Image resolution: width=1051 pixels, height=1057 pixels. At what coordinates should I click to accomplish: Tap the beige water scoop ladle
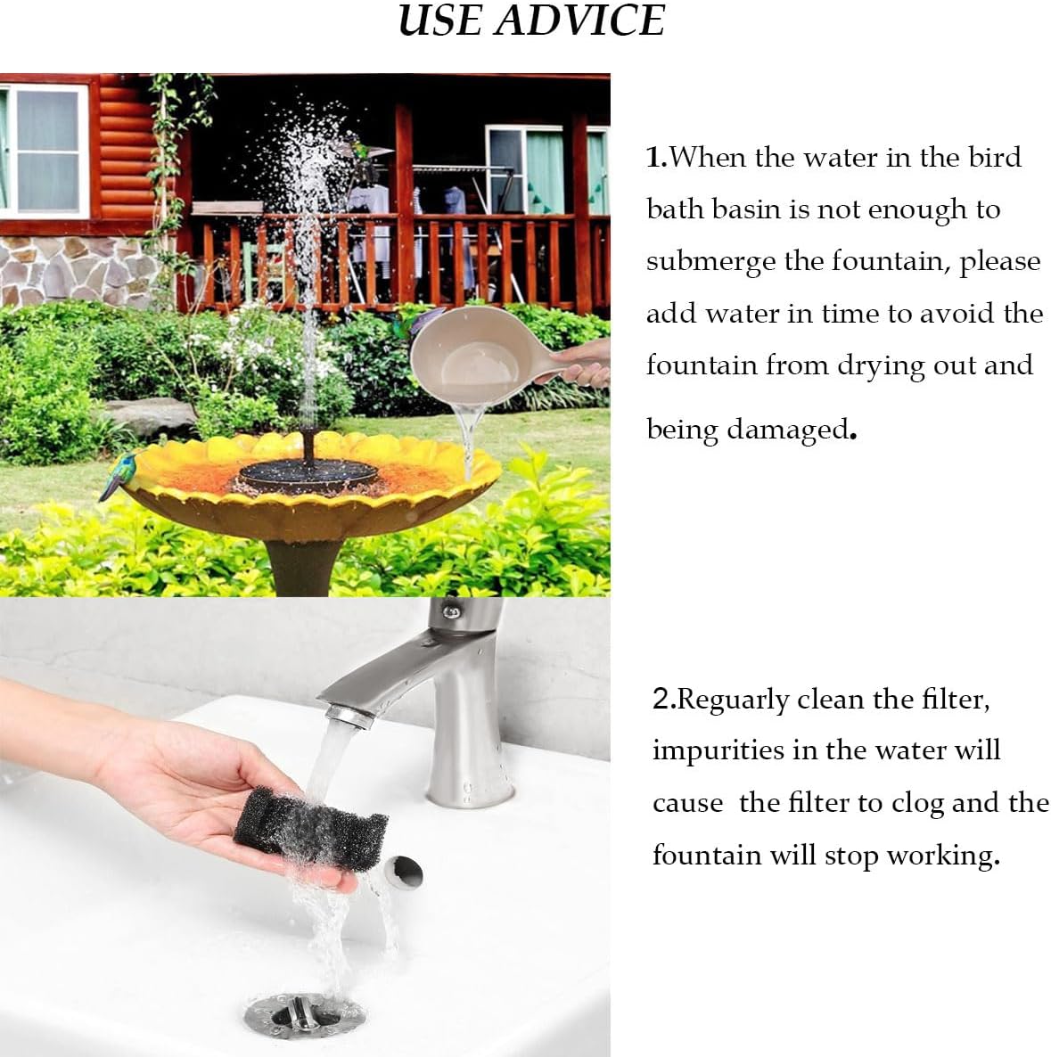(x=476, y=352)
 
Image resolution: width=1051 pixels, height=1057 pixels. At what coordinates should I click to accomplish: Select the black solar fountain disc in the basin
(x=308, y=473)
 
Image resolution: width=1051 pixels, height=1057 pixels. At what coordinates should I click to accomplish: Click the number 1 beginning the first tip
(x=653, y=158)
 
